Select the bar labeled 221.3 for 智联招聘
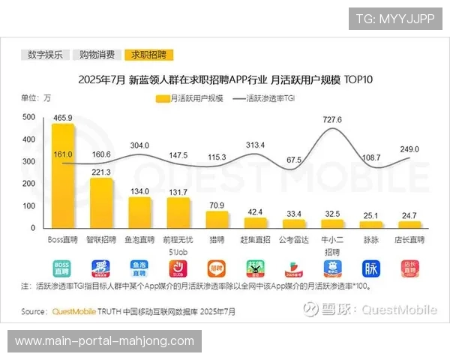tap(101, 202)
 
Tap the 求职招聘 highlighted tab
tap(148, 55)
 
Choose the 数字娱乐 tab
tap(46, 55)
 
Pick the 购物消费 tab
tap(97, 55)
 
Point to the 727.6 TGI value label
tap(332, 120)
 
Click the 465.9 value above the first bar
tap(62, 118)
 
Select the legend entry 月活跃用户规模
tap(190, 98)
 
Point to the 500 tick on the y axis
tap(28, 118)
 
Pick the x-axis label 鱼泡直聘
tap(139, 239)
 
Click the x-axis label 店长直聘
tap(409, 239)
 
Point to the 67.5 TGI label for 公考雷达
tap(294, 160)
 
